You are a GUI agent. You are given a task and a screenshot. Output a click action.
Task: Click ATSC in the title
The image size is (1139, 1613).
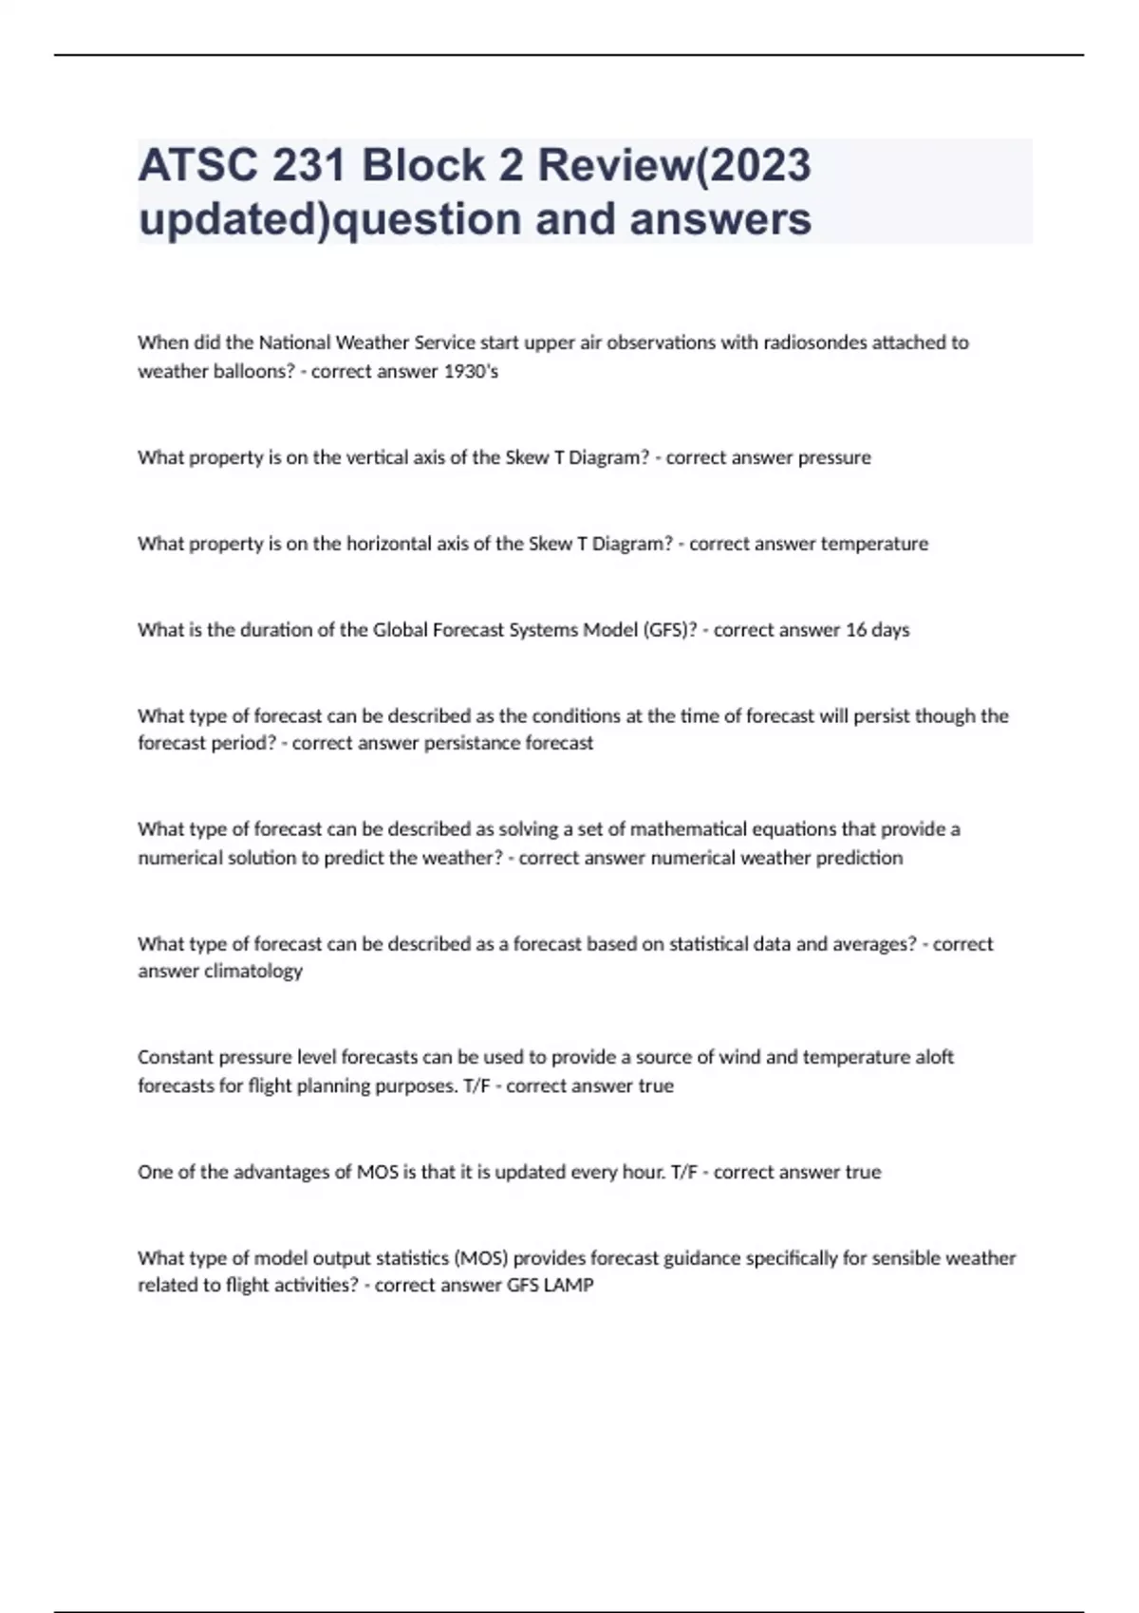point(196,165)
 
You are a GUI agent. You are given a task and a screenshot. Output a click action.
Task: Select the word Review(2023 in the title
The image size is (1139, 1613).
point(675,165)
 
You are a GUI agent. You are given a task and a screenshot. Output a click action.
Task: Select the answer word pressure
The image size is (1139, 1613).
point(834,457)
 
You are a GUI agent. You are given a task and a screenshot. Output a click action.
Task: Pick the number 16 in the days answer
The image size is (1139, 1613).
point(855,630)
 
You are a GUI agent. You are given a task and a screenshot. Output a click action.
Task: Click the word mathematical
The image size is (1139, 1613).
point(688,829)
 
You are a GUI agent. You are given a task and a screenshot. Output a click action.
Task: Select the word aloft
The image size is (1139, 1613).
point(934,1057)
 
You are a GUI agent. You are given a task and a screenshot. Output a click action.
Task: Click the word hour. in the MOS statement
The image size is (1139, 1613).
point(642,1172)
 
